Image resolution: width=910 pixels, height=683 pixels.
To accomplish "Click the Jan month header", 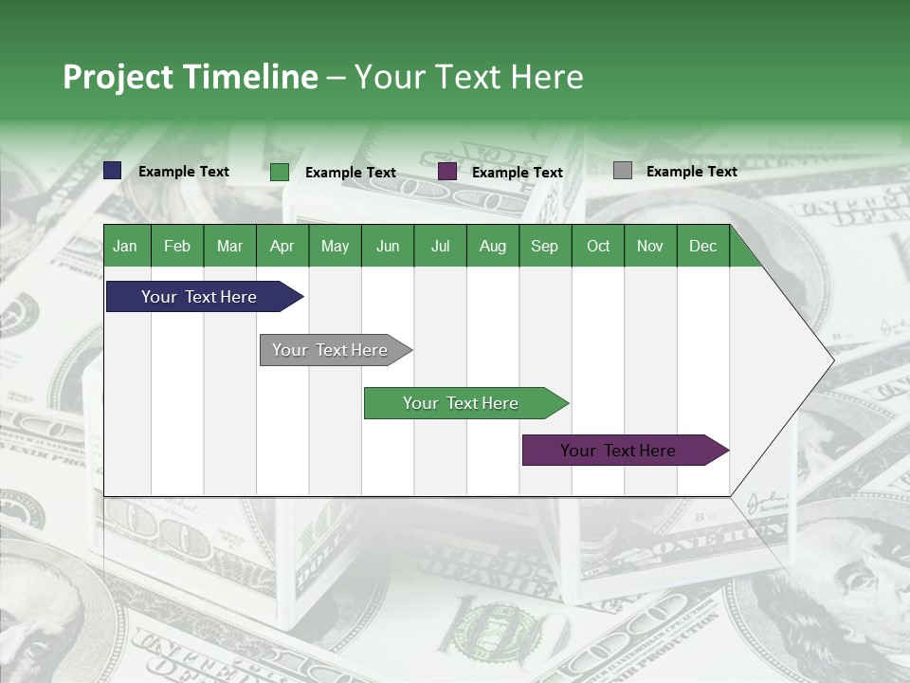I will [x=126, y=246].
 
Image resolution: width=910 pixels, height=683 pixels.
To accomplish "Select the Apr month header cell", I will [x=282, y=246].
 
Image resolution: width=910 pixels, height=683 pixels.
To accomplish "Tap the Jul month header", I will [x=440, y=246].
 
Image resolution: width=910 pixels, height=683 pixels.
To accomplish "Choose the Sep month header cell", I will [x=545, y=246].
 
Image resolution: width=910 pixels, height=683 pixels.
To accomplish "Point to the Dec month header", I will [x=702, y=246].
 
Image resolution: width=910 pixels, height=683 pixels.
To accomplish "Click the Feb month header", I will [x=177, y=246].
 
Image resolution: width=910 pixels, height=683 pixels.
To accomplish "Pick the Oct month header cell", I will [x=598, y=246].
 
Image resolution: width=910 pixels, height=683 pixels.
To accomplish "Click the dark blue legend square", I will [x=113, y=171].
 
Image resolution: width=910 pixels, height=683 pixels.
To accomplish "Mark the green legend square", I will [x=280, y=172].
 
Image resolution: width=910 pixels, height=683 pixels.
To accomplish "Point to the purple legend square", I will [x=447, y=172].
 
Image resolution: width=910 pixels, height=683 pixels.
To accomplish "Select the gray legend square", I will [x=623, y=171].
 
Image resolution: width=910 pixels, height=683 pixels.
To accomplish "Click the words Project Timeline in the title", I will [x=190, y=77].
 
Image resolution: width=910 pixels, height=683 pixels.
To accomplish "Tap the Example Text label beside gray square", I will [x=691, y=172].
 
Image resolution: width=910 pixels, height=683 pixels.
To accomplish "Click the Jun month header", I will [x=388, y=246].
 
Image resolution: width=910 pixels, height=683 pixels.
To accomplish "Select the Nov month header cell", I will [x=650, y=246].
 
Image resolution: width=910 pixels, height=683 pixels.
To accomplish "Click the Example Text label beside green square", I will [x=350, y=173].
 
